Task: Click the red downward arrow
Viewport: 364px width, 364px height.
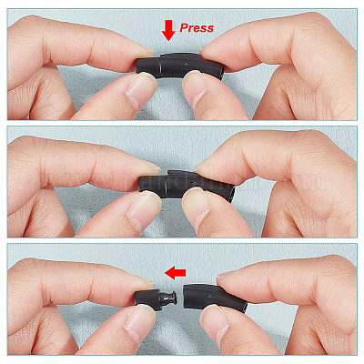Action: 168,31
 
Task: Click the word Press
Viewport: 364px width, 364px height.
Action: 197,28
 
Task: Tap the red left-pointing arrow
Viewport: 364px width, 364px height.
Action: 175,273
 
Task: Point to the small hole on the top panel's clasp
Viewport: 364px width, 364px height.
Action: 185,65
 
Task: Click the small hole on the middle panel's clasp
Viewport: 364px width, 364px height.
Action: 191,183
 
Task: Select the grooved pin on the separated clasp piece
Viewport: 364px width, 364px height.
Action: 168,298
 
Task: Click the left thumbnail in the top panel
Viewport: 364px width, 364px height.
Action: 137,90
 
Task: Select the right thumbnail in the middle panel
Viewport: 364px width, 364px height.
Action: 196,206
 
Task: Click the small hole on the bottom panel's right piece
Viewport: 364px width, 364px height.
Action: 207,295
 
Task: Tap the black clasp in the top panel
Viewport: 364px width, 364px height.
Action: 180,66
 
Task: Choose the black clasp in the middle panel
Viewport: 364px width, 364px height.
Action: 187,185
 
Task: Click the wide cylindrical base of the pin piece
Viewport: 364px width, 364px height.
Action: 148,299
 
